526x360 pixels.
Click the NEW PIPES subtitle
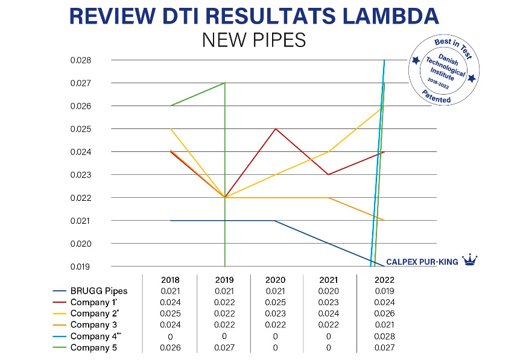pyautogui.click(x=254, y=40)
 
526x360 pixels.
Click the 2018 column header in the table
pyautogui.click(x=171, y=280)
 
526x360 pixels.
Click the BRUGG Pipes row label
pyautogui.click(x=99, y=291)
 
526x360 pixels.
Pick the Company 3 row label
pyautogui.click(x=93, y=325)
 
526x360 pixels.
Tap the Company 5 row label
pyautogui.click(x=93, y=348)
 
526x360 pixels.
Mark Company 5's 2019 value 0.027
pyautogui.click(x=224, y=348)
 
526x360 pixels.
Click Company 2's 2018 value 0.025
pyautogui.click(x=171, y=314)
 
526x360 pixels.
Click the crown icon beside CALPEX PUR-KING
pyautogui.click(x=469, y=261)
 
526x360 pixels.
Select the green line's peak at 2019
pyautogui.click(x=224, y=83)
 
